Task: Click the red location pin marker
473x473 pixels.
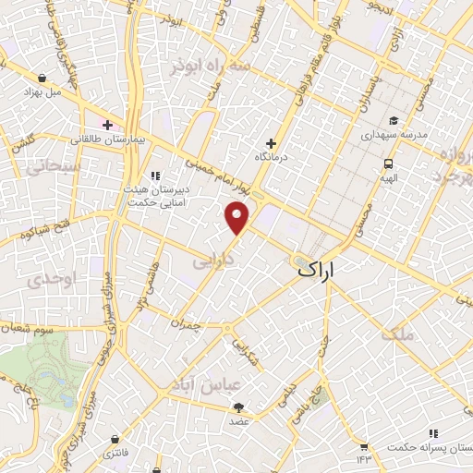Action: tap(238, 217)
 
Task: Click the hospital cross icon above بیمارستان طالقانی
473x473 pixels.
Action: tap(107, 125)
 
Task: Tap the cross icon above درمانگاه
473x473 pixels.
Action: tap(271, 143)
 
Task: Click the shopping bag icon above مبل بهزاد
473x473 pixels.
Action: tap(42, 79)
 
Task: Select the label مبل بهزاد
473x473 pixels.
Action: tap(42, 94)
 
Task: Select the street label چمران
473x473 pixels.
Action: tap(186, 325)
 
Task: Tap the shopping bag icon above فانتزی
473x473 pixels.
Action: tap(114, 439)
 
